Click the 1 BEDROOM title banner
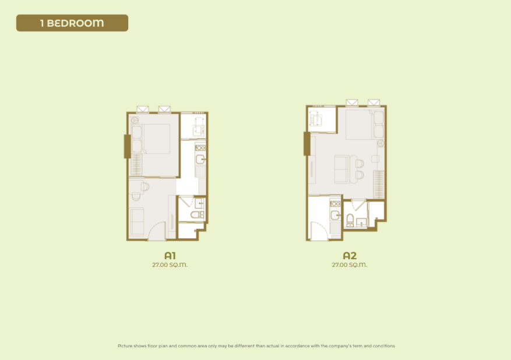72,23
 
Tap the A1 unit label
170,255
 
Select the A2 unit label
350,255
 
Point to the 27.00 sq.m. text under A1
170,265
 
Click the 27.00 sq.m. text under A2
350,265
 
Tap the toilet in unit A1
196,214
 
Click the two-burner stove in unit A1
200,148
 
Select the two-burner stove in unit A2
335,204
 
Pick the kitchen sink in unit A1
200,159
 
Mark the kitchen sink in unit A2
335,216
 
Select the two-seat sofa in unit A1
136,222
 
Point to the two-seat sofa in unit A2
342,169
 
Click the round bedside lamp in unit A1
135,120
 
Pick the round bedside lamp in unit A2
380,143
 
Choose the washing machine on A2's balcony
315,118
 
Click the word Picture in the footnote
125,346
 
